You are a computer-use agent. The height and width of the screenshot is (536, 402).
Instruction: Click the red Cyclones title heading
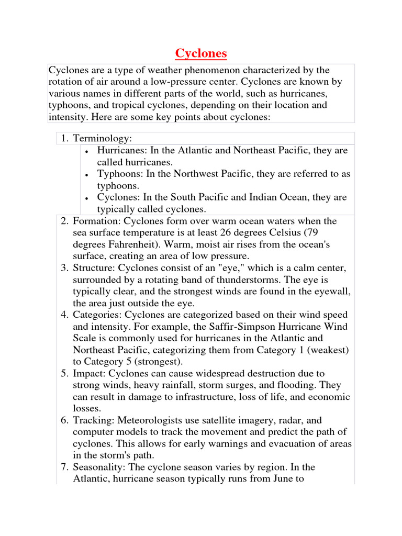pyautogui.click(x=200, y=53)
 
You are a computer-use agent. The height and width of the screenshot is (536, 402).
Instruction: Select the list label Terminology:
pyautogui.click(x=103, y=138)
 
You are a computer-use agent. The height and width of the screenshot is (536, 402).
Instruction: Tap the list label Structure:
pyautogui.click(x=95, y=268)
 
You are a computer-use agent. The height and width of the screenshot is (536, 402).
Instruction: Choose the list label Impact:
pyautogui.click(x=91, y=374)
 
